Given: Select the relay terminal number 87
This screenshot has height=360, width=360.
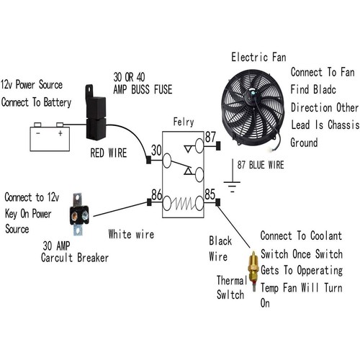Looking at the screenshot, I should pos(210,136).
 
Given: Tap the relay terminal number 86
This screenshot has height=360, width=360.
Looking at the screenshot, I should pos(156,194).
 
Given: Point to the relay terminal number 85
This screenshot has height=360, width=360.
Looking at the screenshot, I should pos(210,194).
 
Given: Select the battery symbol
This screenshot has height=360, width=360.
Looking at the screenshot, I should pos(49,138).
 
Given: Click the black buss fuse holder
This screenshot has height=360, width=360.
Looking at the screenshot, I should pos(96,115).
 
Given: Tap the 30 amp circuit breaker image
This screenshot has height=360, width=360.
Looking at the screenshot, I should pos(79,215).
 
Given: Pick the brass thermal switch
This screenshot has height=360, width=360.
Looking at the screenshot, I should pos(253,268).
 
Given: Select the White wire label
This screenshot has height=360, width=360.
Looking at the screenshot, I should pos(132,234).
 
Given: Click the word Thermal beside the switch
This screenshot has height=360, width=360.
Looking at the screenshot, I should pos(232,279).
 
